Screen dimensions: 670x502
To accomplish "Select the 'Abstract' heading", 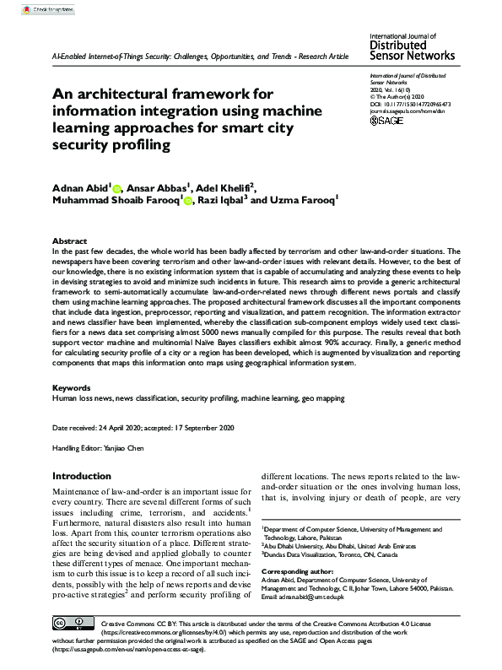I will [x=69, y=240].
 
